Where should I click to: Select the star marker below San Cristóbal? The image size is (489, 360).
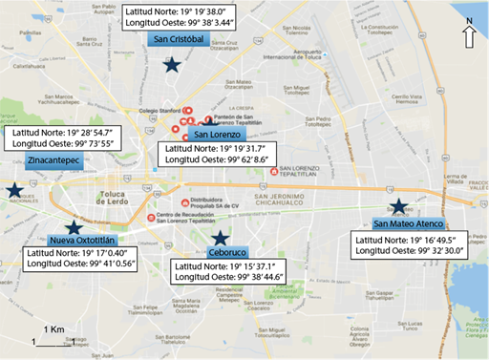click(x=171, y=65)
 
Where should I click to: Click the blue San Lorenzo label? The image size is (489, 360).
click(x=203, y=135)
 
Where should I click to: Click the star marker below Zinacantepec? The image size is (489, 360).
click(x=14, y=190)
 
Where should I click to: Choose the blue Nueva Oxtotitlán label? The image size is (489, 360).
click(x=82, y=240)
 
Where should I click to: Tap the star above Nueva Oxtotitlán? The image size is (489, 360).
click(x=73, y=225)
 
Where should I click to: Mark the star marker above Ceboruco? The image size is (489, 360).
click(x=220, y=237)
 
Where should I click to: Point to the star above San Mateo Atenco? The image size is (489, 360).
click(x=398, y=206)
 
